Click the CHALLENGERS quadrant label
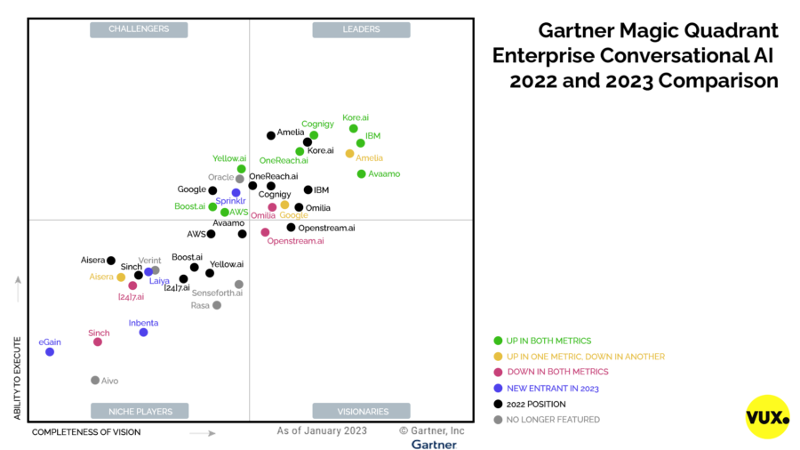click(x=139, y=29)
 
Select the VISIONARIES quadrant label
click(x=361, y=411)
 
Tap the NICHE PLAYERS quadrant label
click(x=139, y=411)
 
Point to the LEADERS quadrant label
click(x=361, y=29)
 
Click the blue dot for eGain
click(x=50, y=352)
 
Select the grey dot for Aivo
click(x=95, y=381)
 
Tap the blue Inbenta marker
click(x=143, y=333)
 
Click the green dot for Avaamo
click(x=361, y=174)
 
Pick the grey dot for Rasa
click(x=217, y=305)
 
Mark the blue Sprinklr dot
click(x=236, y=192)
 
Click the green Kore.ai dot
click(x=354, y=129)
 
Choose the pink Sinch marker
click(x=98, y=342)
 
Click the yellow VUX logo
click(x=767, y=417)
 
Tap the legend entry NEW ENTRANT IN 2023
click(x=552, y=388)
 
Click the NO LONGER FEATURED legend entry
click(x=552, y=420)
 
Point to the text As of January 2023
click(x=321, y=430)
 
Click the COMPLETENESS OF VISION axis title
click(x=86, y=432)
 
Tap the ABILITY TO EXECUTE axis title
click(x=18, y=377)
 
